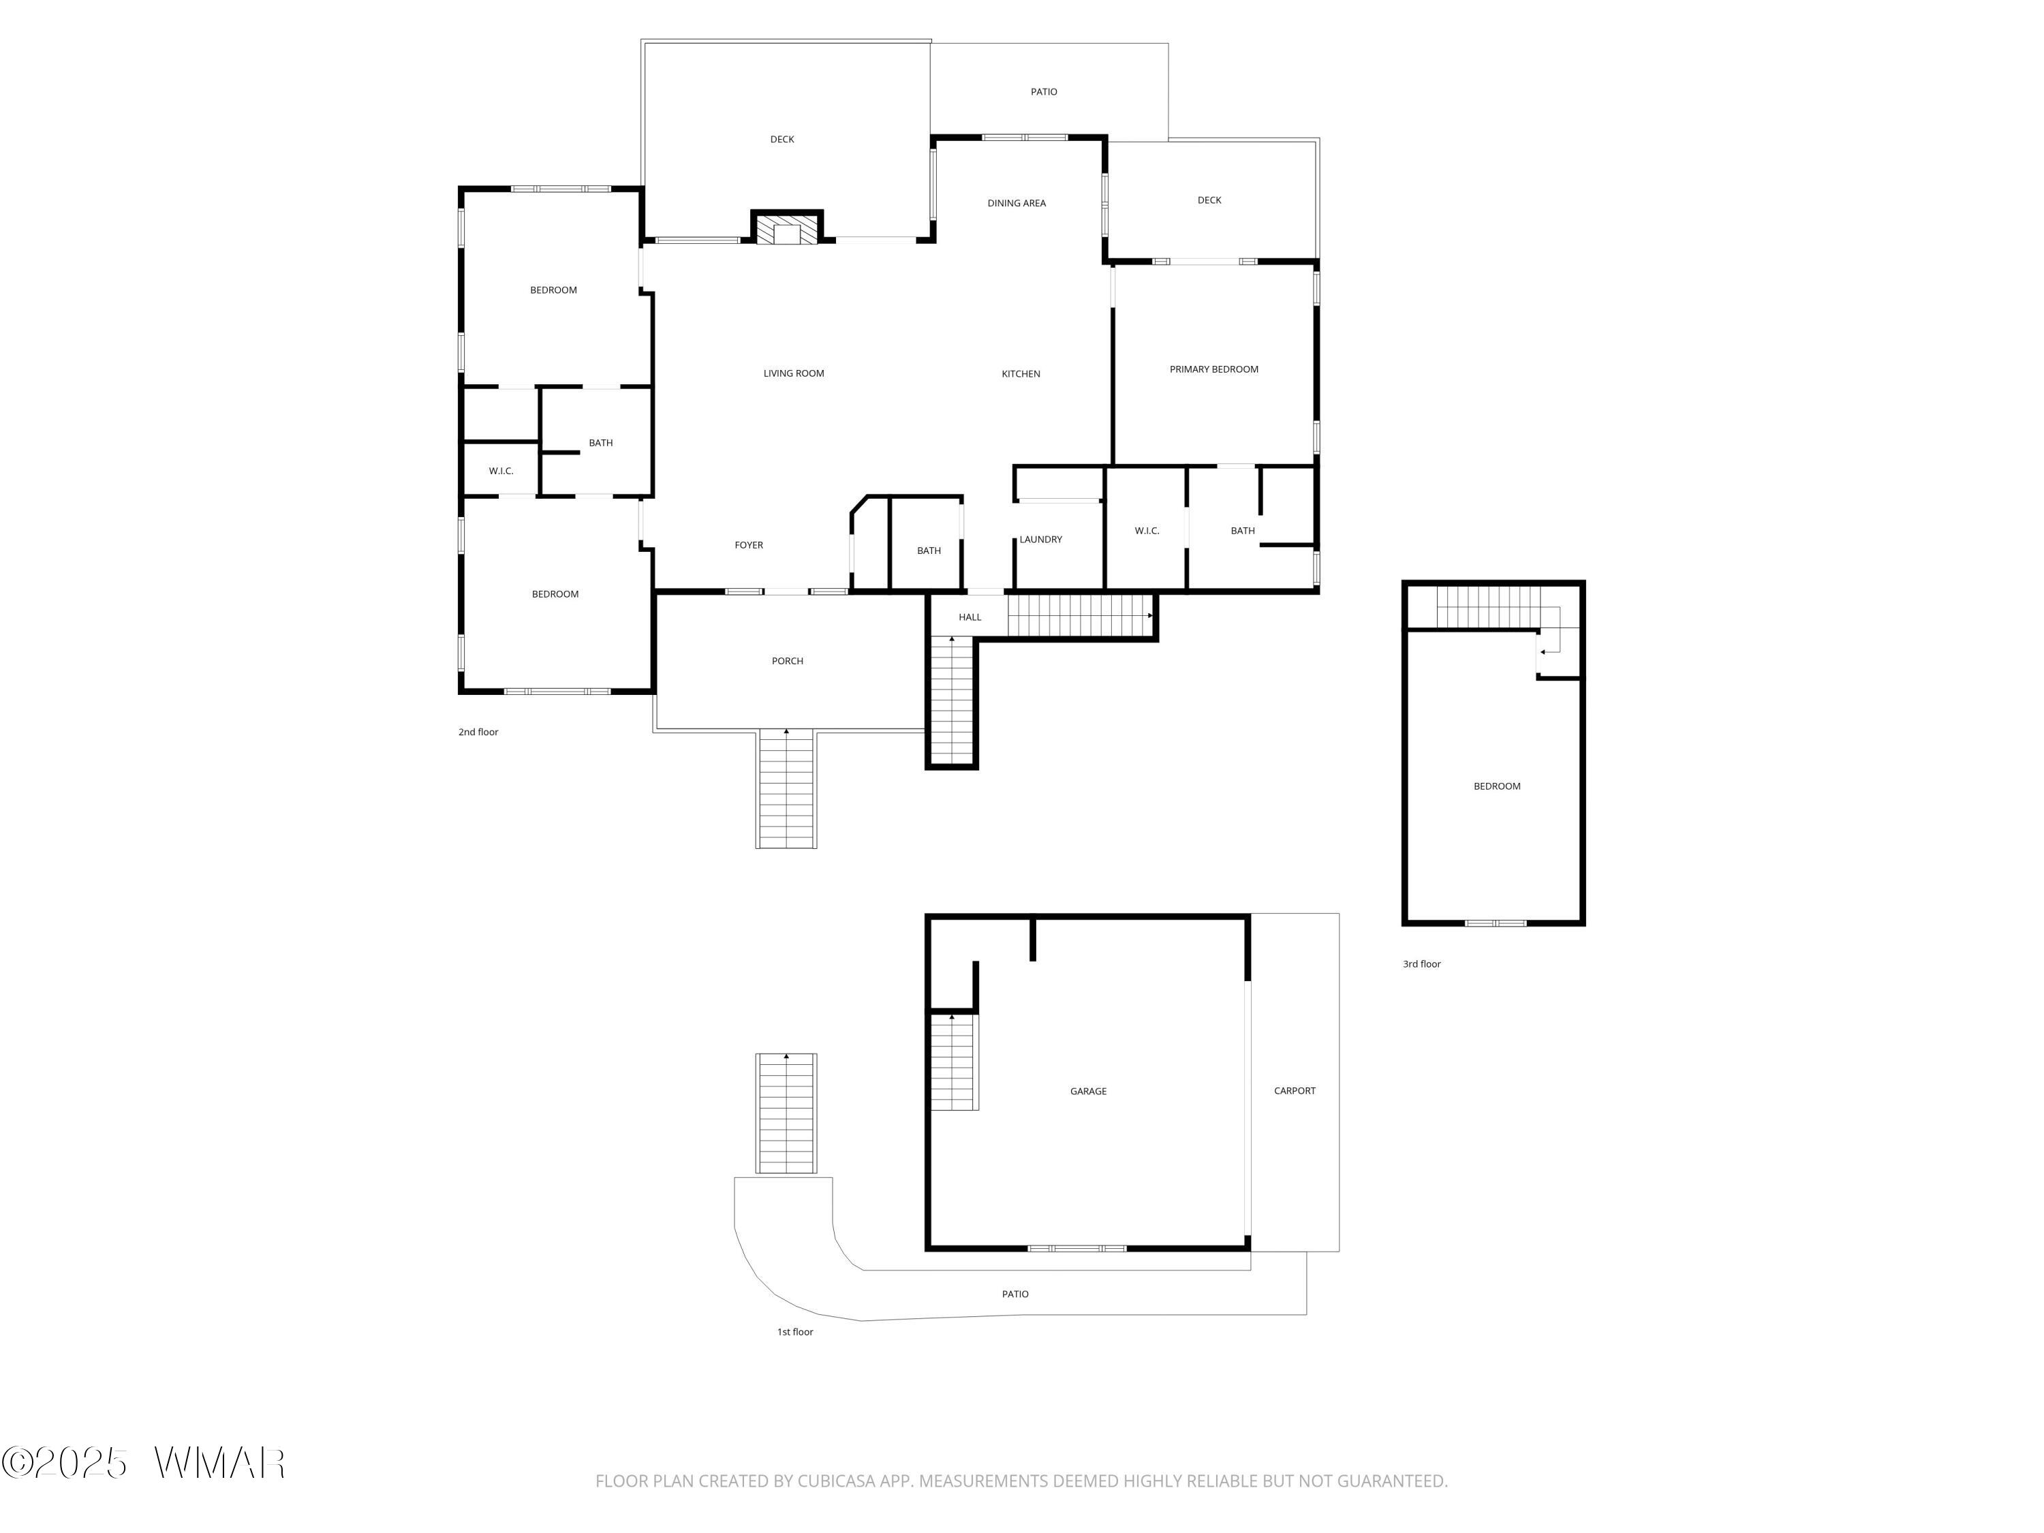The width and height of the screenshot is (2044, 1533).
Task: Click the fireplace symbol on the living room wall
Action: [786, 228]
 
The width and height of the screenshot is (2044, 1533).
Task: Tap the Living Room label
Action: [794, 373]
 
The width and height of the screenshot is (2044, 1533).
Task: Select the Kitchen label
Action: [1021, 374]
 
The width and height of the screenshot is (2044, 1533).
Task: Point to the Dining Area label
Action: [1017, 203]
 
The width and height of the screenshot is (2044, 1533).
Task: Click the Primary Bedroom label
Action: [1214, 369]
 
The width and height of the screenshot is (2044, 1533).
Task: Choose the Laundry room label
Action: [1040, 540]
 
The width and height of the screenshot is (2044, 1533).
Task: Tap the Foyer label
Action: [749, 545]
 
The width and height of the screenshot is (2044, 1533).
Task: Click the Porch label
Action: [788, 661]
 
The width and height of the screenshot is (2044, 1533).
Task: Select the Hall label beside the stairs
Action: [970, 617]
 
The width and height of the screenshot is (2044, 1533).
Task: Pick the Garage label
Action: [1089, 1091]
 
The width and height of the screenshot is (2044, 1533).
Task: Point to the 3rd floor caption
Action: [1422, 964]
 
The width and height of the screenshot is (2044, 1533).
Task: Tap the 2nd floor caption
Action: [479, 732]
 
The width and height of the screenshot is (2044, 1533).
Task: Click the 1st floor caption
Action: [794, 1331]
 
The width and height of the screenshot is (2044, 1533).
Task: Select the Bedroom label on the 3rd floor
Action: [1497, 786]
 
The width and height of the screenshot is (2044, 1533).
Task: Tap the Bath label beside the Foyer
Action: [929, 551]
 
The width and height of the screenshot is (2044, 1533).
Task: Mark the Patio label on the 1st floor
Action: [1016, 1294]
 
